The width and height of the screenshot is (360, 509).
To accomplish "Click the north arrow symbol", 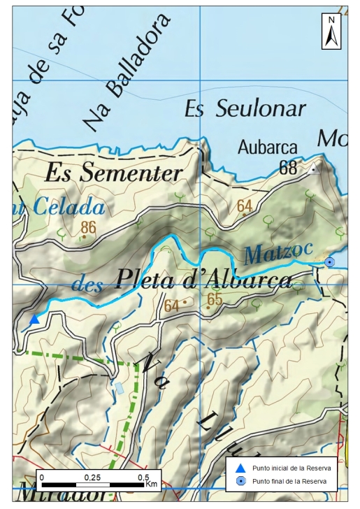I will click(331, 31).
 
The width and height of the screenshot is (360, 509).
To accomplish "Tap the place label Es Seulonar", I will click(245, 109).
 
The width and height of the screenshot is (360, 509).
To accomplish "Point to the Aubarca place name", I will click(268, 148).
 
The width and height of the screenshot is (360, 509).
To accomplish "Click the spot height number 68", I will click(288, 168).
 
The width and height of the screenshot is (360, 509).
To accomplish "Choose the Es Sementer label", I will click(114, 173).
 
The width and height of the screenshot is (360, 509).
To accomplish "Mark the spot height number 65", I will click(215, 300).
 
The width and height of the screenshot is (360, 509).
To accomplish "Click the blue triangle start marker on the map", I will click(34, 320).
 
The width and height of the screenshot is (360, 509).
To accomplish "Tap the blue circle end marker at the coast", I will click(330, 262).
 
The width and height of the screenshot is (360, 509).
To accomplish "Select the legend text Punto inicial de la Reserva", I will click(291, 468).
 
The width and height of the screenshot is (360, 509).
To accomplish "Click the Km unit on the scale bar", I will click(152, 484).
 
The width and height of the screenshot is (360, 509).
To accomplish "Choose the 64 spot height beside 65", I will click(172, 306).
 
